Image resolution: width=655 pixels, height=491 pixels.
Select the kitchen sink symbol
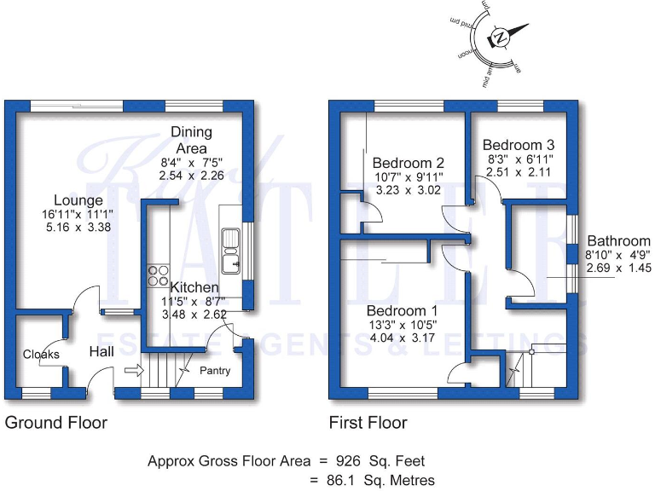point(229,242)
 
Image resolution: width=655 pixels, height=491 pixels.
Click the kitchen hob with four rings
point(158,275)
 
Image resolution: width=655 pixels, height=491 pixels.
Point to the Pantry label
point(215,371)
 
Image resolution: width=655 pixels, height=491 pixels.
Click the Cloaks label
point(39,354)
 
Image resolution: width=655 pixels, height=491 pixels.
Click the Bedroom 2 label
point(409,163)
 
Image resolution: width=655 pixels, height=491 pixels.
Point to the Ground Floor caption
point(56,423)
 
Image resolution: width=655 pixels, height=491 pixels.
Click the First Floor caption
point(368,423)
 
